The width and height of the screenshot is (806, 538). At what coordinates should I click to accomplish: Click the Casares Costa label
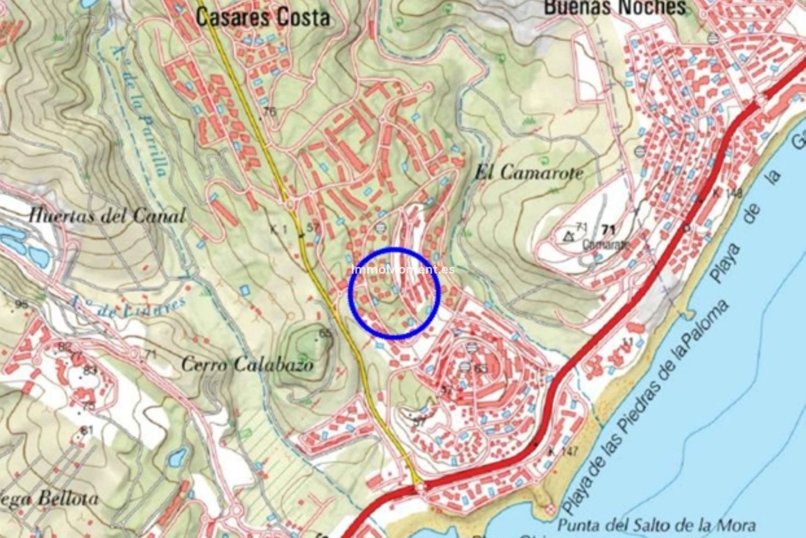point(263,18)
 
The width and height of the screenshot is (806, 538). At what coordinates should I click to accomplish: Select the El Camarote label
point(529,173)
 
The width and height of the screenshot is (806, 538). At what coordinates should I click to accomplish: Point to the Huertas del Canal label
point(107,216)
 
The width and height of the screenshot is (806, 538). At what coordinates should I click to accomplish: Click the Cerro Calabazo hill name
point(248,364)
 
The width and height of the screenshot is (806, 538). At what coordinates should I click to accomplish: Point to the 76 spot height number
point(271,112)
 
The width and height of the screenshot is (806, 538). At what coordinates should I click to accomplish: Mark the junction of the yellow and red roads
point(420,487)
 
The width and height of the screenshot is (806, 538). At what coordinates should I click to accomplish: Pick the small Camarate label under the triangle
point(604,245)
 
